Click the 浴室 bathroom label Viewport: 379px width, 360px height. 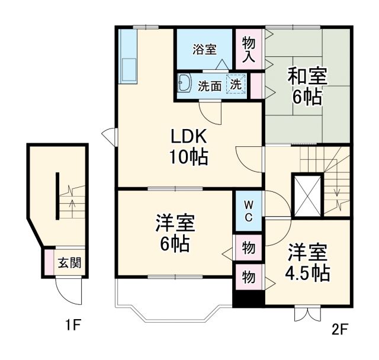click(x=204, y=50)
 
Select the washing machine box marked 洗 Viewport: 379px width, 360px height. click(x=236, y=85)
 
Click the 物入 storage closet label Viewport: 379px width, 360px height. click(x=249, y=49)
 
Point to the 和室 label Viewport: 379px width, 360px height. click(x=307, y=76)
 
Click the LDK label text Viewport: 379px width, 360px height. click(x=189, y=137)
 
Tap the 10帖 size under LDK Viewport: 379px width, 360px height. click(x=189, y=157)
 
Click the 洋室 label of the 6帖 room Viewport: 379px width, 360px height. click(x=175, y=224)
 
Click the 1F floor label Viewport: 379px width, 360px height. click(x=73, y=324)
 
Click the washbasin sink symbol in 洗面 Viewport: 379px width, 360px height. click(x=184, y=83)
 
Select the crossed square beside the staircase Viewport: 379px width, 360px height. click(x=307, y=195)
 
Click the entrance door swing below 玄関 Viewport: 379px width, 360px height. click(x=65, y=290)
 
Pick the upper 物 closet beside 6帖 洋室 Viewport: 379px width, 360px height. click(x=249, y=248)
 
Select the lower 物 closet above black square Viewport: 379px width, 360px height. click(x=249, y=277)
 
